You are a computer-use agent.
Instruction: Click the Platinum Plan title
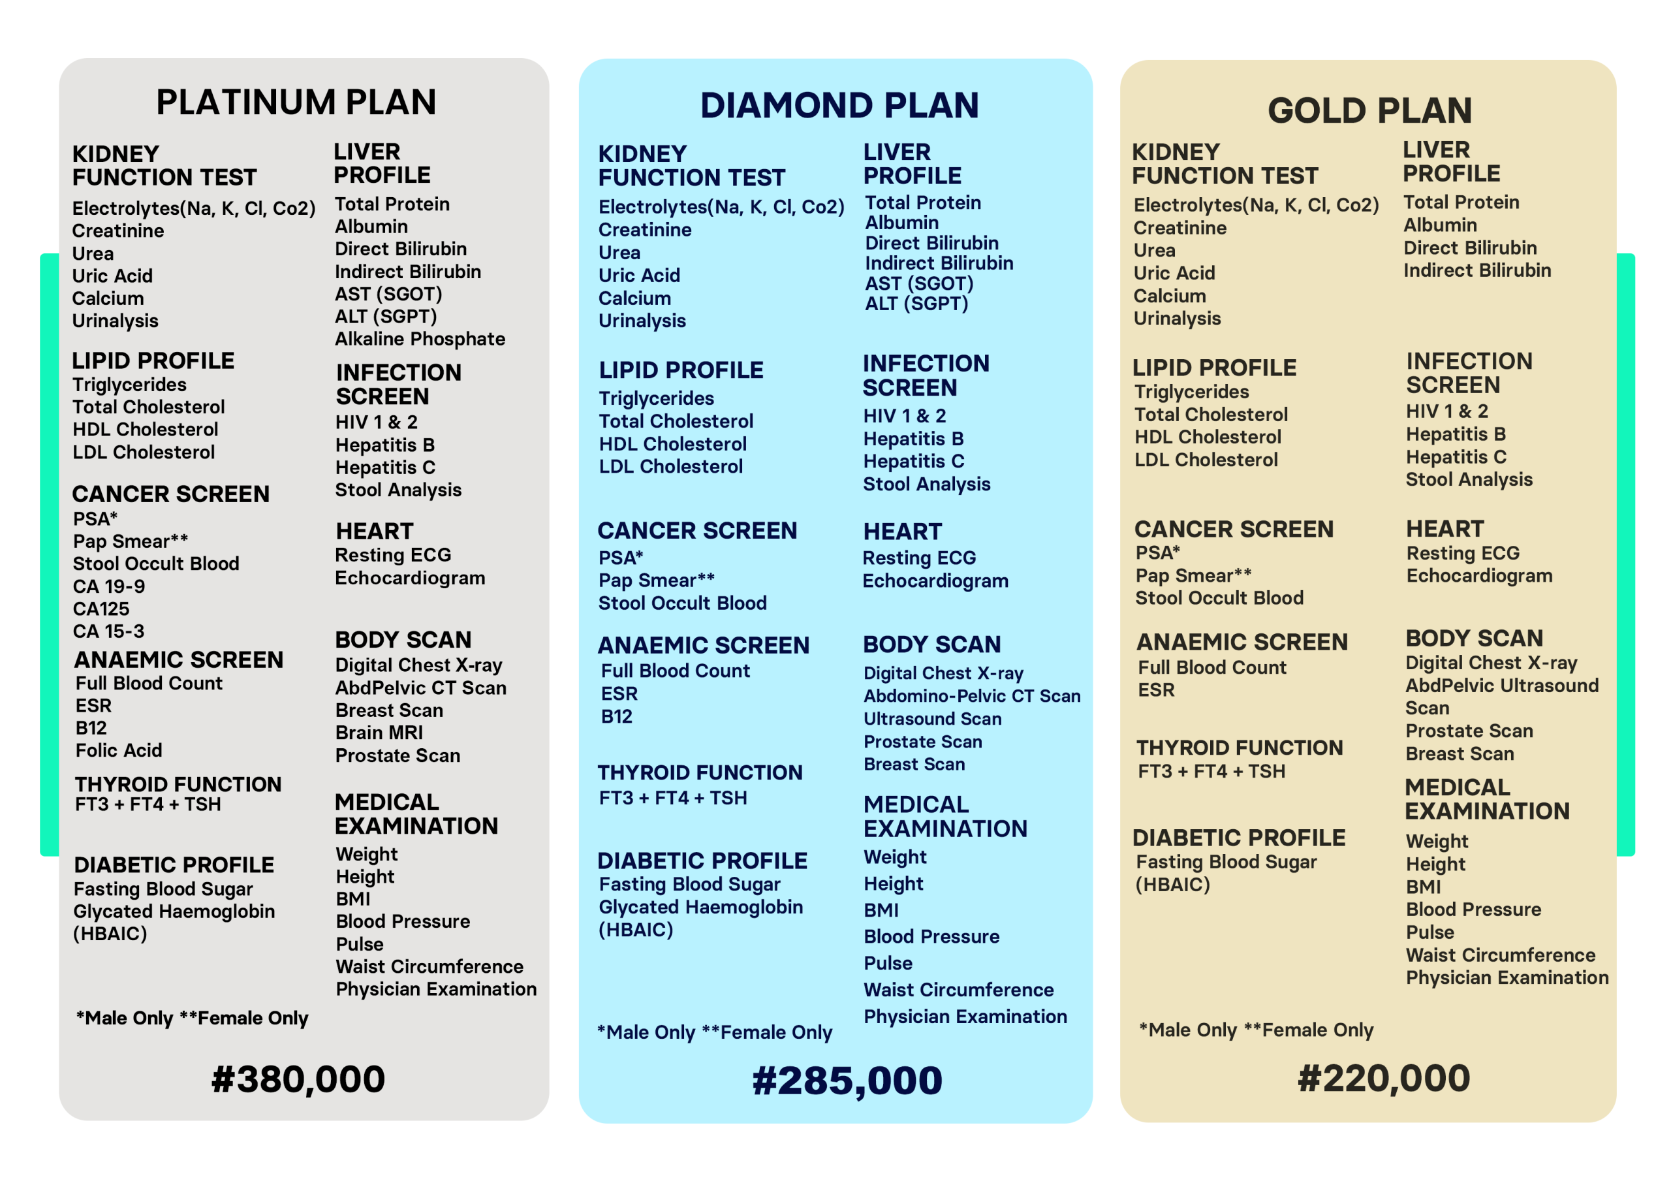296,102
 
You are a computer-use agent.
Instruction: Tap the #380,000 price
298,1079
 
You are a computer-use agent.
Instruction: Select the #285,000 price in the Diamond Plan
847,1081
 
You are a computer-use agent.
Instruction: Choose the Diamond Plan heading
839,106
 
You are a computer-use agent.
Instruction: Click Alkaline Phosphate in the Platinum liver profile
420,340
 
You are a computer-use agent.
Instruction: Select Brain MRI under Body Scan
379,733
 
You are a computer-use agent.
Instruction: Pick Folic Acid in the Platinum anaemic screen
119,751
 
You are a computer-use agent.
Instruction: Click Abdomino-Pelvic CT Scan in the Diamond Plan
971,696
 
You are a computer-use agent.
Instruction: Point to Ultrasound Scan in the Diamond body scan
932,719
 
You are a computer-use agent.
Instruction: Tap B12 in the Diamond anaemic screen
616,716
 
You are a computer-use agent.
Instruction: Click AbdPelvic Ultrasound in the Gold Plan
1502,686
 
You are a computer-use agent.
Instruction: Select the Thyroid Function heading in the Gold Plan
1239,748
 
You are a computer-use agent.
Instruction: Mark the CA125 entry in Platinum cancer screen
101,609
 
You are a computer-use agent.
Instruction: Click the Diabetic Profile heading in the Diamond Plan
702,861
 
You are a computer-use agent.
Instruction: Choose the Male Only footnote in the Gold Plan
1187,1030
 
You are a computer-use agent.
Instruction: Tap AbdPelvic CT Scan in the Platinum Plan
420,688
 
